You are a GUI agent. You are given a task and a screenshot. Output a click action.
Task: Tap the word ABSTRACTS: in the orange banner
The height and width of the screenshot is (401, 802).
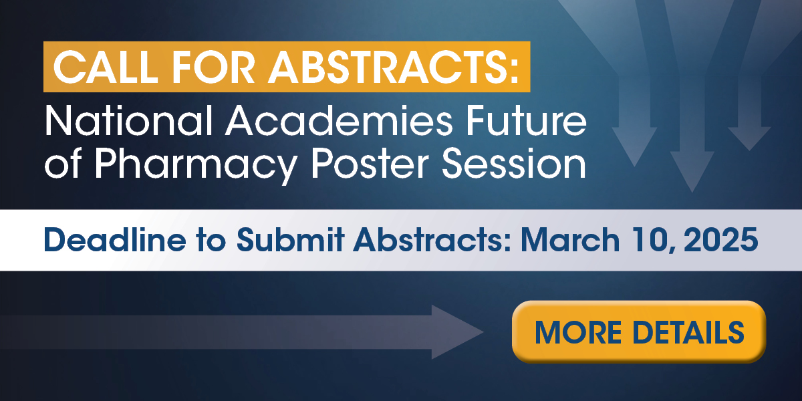(394, 67)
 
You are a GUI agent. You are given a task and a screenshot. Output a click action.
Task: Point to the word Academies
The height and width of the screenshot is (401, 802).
(339, 121)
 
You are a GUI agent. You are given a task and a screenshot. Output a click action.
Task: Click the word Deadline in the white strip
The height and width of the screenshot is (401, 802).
(115, 239)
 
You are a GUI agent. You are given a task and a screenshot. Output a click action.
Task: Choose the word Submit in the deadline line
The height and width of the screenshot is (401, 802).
(290, 239)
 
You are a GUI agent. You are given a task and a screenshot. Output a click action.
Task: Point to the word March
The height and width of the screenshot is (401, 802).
(570, 239)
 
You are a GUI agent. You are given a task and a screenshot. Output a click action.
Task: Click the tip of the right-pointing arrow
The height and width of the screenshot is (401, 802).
(483, 332)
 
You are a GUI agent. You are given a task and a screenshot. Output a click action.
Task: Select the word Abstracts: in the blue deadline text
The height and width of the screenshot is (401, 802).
(432, 239)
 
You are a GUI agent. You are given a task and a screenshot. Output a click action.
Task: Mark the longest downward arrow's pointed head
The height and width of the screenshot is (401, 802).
(692, 192)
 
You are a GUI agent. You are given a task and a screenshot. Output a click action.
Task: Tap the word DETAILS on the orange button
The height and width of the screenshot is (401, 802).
(688, 332)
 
